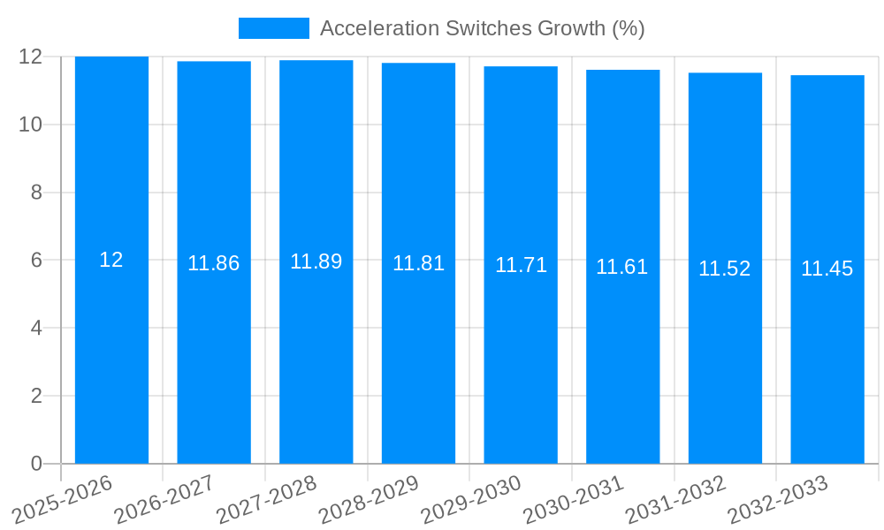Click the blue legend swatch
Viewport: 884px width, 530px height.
tap(274, 28)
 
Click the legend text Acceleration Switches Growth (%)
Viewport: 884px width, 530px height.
tap(482, 28)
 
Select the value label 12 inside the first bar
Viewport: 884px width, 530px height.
tap(111, 260)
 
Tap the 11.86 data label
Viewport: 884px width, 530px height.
tap(214, 263)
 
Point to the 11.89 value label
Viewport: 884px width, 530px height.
tap(316, 261)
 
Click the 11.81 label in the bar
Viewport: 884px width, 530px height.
tap(418, 263)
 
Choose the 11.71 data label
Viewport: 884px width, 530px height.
tap(521, 265)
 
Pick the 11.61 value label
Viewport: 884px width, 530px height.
tap(622, 267)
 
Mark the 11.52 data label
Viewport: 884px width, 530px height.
tap(725, 269)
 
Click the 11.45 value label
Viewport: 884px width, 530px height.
tap(827, 269)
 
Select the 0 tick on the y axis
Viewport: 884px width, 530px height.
tap(36, 464)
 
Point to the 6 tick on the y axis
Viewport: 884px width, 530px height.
tap(36, 261)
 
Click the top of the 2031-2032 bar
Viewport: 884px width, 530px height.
tap(725, 73)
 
